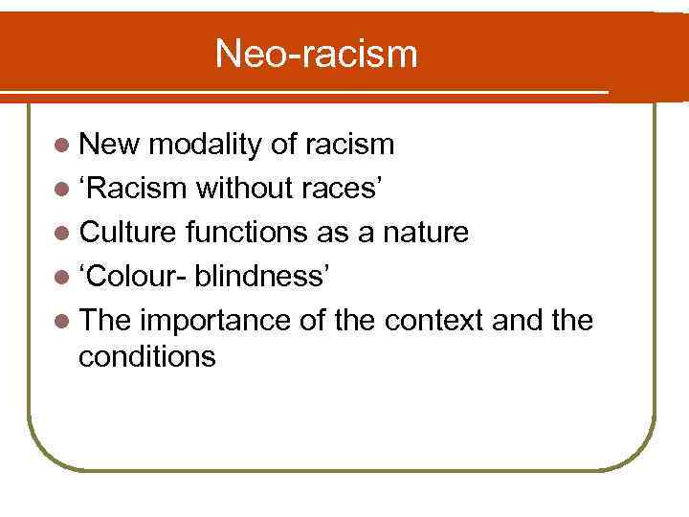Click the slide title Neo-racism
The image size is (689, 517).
pyautogui.click(x=316, y=54)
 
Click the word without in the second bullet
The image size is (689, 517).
pyautogui.click(x=240, y=187)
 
